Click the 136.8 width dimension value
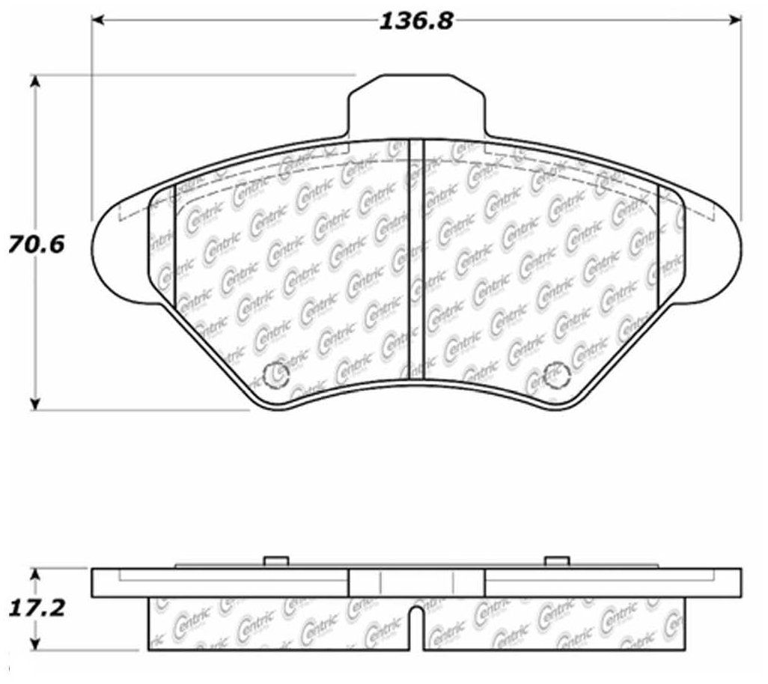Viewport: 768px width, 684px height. click(417, 21)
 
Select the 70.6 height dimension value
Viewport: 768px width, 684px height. click(37, 244)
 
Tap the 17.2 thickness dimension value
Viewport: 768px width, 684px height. click(37, 608)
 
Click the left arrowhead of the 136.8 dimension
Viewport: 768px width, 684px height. click(100, 20)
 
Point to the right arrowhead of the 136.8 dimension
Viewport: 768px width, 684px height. click(735, 20)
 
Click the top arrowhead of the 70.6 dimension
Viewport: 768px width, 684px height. click(34, 83)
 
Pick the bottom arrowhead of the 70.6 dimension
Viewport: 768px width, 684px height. click(34, 403)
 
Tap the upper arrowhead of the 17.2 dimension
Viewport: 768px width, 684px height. click(34, 575)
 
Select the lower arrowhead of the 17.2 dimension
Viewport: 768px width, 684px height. click(34, 644)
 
